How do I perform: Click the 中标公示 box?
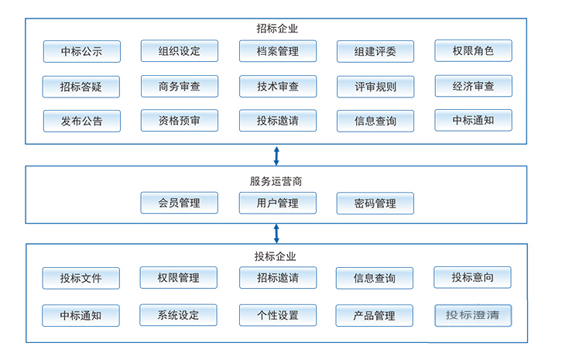pos(81,52)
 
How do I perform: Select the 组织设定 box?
pos(179,51)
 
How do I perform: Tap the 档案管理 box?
pos(277,52)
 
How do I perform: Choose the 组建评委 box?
pos(375,52)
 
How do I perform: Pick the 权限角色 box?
pos(473,51)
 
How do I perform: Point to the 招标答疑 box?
pos(81,87)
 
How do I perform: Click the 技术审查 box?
pos(277,87)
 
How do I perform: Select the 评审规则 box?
pos(375,87)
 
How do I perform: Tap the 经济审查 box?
pos(473,86)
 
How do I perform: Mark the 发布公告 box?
pos(81,121)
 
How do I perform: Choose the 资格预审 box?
pos(179,120)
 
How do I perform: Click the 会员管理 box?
pos(179,203)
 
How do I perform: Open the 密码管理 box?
pos(375,204)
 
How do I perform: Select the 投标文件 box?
pos(81,278)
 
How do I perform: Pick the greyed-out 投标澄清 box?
pos(472,315)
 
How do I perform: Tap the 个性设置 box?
pos(277,315)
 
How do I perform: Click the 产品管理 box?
pos(375,315)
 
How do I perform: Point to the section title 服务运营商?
pos(276,181)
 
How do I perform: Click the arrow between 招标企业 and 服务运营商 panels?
pos(276,154)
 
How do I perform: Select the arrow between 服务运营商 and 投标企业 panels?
pos(276,233)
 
